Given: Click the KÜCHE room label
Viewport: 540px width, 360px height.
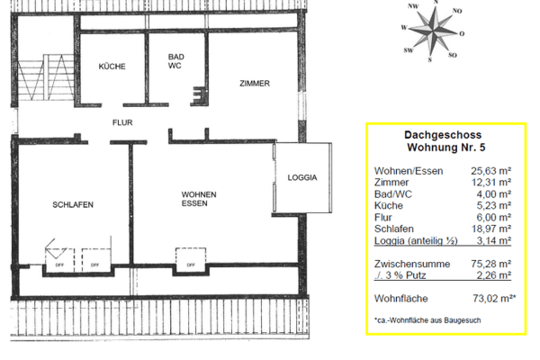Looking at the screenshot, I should (113, 67).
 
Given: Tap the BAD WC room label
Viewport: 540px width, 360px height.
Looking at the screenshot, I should (176, 61).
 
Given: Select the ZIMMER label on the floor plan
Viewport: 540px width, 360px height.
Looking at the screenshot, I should (255, 84).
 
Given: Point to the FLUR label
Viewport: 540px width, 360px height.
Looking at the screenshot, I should (121, 121).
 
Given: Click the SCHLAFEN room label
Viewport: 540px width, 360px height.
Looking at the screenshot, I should (73, 204).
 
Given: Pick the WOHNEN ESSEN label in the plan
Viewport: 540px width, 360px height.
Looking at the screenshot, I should (199, 199).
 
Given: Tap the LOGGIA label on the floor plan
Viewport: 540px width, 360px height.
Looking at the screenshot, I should (302, 177).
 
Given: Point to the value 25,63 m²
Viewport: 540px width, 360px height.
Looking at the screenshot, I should (492, 170).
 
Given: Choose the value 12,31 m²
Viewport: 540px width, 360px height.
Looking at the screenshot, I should (492, 182).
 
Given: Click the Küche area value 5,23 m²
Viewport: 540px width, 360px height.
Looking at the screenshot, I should (495, 205).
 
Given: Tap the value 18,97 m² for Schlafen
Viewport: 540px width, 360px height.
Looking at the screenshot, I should (492, 229).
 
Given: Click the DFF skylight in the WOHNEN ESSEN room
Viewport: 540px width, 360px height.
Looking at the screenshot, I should (187, 262).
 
